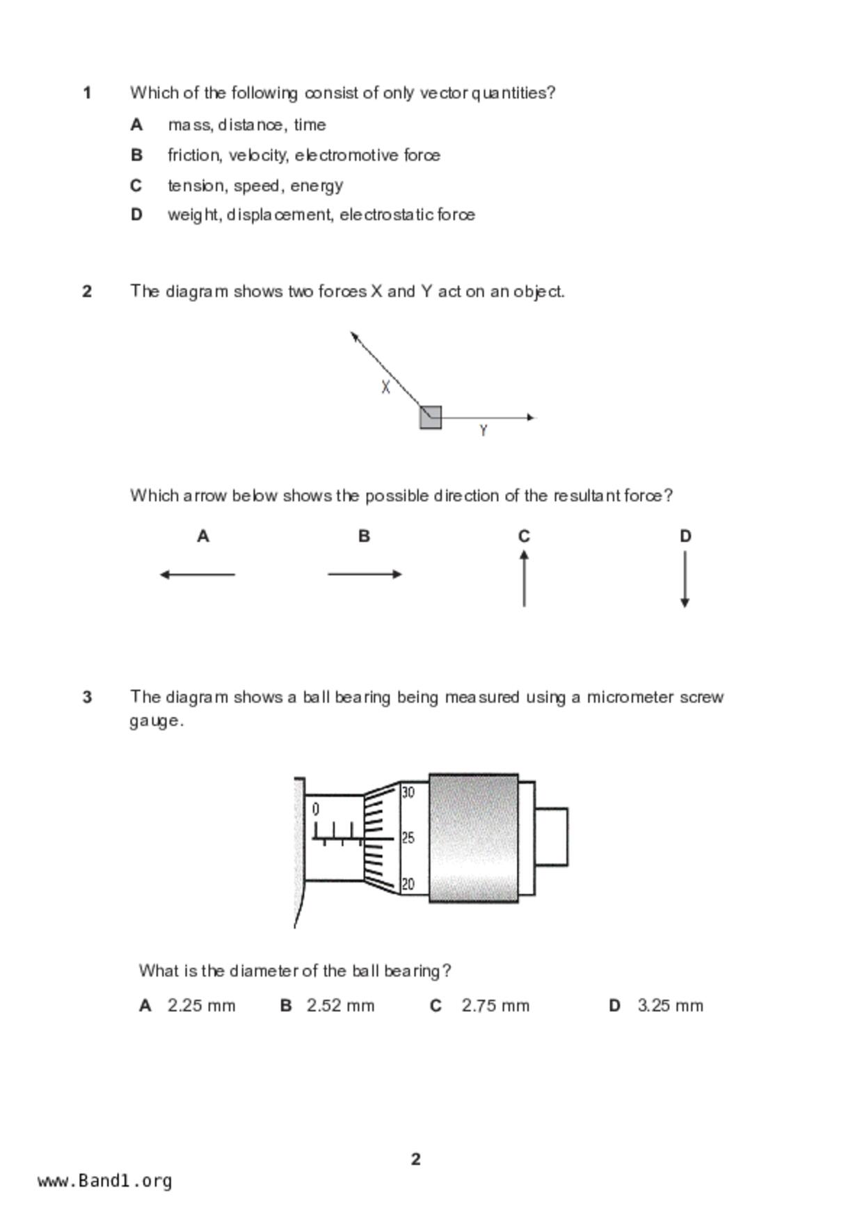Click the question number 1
tap(87, 93)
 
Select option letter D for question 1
tap(136, 215)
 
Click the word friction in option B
tap(194, 155)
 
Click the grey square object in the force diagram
tap(431, 417)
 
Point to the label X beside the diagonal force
tap(385, 387)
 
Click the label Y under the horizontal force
tap(484, 431)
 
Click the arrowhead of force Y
tap(532, 417)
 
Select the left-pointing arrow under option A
tap(198, 575)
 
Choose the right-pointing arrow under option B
tap(365, 575)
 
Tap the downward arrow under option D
tap(685, 579)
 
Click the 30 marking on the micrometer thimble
tap(408, 792)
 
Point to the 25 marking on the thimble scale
tap(408, 838)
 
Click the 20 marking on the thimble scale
tap(408, 884)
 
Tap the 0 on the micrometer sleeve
tap(316, 810)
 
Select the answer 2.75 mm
tap(495, 1006)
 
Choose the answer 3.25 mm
tap(670, 1006)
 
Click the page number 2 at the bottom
tap(416, 1159)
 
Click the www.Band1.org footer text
tap(105, 1180)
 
